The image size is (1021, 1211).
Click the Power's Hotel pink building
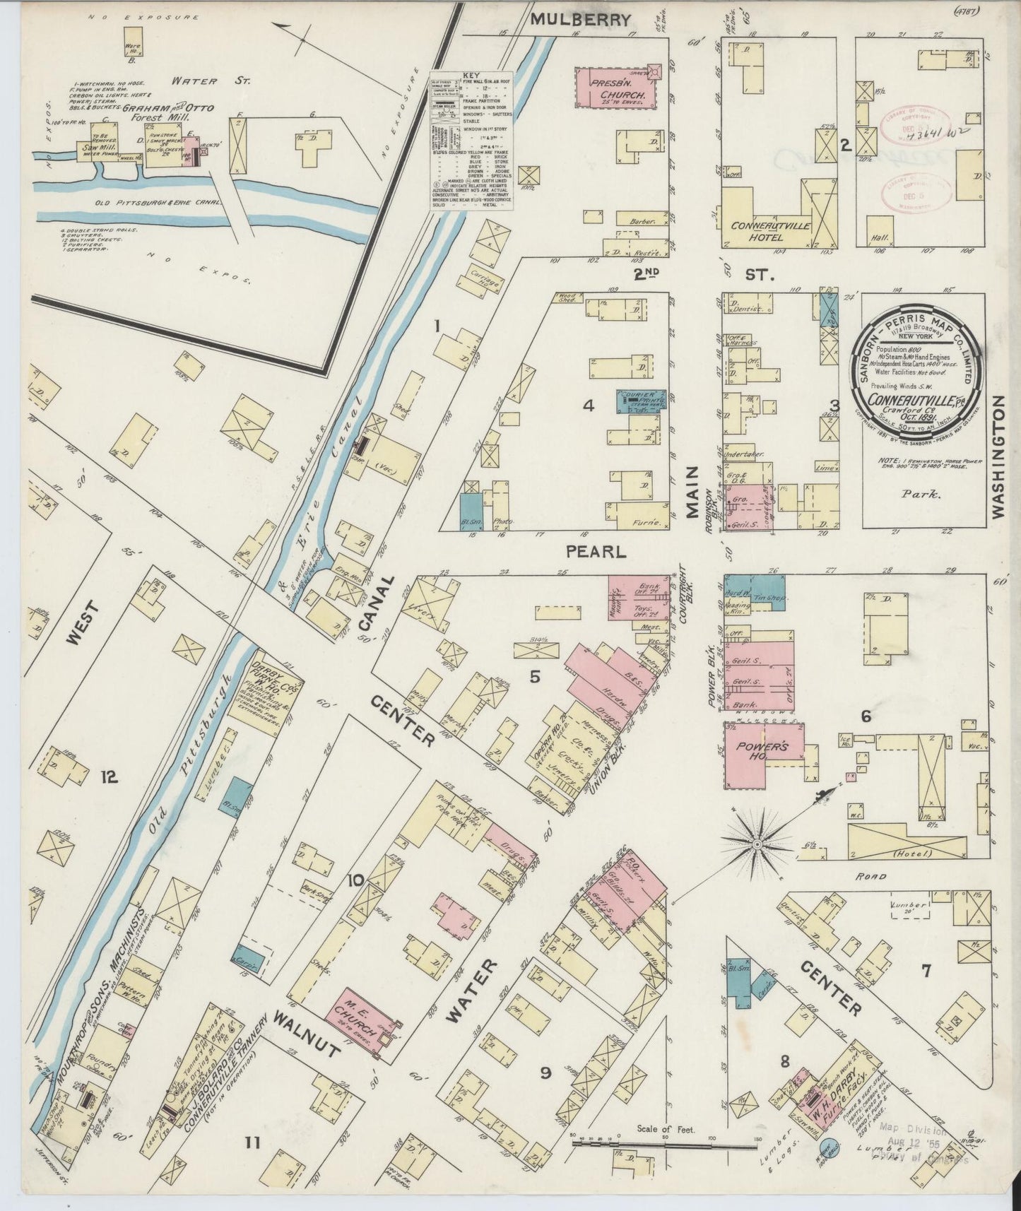[x=753, y=752]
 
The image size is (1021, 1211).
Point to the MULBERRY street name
[x=579, y=20]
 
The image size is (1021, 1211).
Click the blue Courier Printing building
[x=642, y=401]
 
